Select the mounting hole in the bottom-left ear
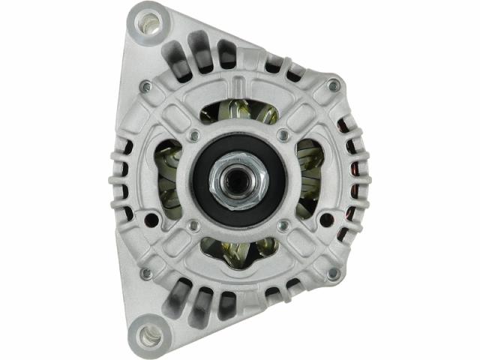point(149,334)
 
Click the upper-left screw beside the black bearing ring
point(193,135)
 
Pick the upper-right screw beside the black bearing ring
point(282,135)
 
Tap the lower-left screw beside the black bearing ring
point(193,225)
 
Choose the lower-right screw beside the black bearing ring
point(283,225)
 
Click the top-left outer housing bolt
point(145,87)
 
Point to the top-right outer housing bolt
point(333,87)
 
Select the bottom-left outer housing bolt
point(145,274)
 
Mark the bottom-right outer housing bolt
point(333,274)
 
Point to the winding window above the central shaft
point(238,112)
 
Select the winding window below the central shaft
point(238,253)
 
